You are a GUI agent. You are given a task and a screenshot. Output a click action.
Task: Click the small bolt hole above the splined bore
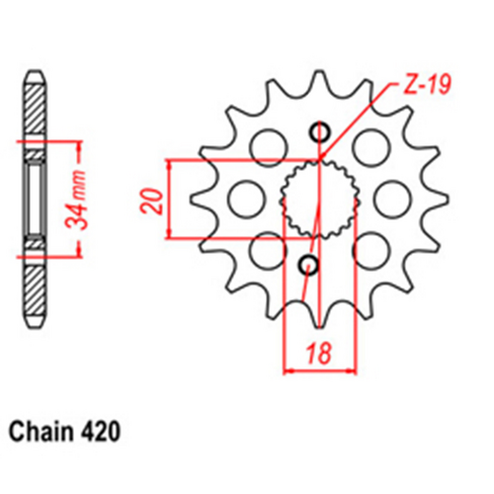[317, 132]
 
